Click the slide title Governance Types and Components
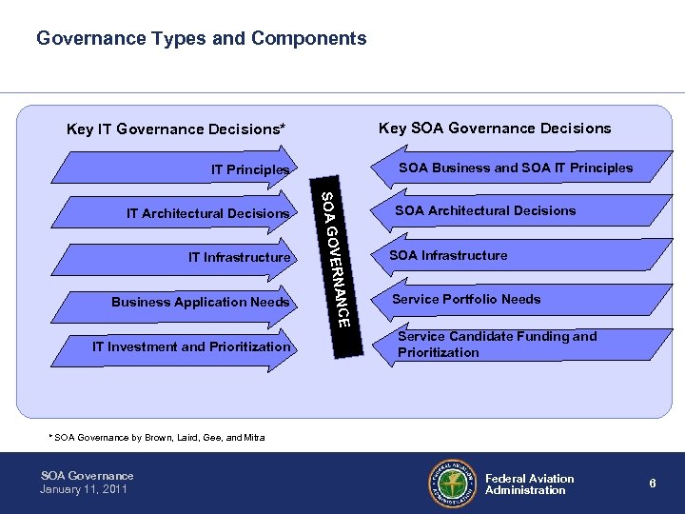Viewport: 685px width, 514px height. click(x=201, y=39)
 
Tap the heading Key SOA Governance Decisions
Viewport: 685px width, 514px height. click(x=495, y=128)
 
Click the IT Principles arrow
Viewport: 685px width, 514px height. click(x=190, y=169)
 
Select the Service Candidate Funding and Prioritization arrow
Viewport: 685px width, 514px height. click(x=495, y=344)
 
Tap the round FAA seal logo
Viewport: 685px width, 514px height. click(x=451, y=483)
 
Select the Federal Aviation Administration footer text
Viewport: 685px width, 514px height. click(x=530, y=484)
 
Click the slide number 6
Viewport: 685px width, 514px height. click(x=653, y=484)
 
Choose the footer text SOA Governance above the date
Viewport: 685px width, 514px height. click(x=88, y=475)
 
